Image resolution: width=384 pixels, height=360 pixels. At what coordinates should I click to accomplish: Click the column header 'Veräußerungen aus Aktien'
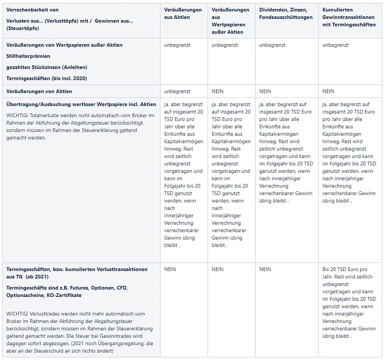click(183, 13)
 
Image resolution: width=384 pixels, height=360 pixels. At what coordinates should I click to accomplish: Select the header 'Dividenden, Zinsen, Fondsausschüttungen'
click(286, 13)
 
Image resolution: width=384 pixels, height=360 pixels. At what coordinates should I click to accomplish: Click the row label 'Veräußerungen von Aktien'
click(39, 91)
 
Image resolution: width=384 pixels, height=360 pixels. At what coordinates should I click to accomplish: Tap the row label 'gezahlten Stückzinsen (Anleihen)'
click(47, 67)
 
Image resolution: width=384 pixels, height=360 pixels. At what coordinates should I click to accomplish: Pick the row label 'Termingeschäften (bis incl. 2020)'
click(47, 78)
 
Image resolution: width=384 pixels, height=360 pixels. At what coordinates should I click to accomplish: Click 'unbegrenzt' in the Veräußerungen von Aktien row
click(177, 91)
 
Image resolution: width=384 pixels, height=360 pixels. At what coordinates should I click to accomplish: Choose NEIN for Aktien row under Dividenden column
click(265, 91)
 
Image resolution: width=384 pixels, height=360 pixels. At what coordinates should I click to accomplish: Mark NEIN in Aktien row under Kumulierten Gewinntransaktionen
click(328, 91)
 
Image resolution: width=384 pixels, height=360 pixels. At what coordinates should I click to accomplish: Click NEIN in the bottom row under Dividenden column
click(265, 269)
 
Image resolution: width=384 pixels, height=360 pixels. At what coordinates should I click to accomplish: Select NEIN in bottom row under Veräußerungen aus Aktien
click(170, 269)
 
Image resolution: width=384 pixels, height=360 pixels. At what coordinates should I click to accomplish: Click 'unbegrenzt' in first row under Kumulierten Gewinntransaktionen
click(335, 45)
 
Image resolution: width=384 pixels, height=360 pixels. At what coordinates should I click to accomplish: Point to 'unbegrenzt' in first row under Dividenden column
click(272, 45)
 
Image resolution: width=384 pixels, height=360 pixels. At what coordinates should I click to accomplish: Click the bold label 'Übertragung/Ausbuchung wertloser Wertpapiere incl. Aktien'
click(81, 104)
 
